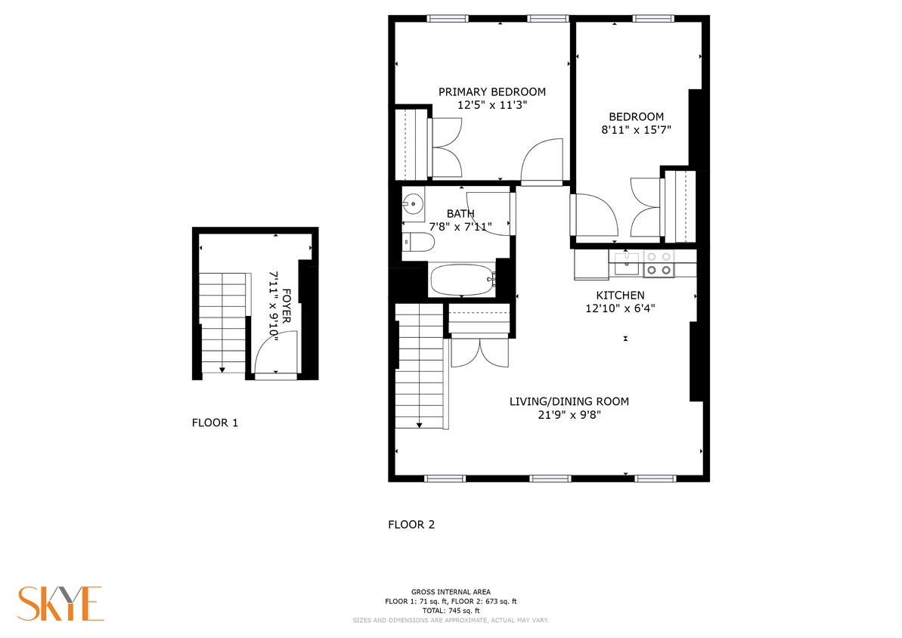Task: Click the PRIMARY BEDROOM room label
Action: [x=491, y=92]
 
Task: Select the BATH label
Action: [x=460, y=214]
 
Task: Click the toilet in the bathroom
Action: [x=418, y=243]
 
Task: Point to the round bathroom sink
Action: [x=413, y=203]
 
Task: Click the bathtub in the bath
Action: [x=462, y=280]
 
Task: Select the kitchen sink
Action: [x=627, y=264]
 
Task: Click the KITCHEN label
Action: [x=620, y=295]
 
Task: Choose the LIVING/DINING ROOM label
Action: [x=569, y=401]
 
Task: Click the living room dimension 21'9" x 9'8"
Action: [x=569, y=414]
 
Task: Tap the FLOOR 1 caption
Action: [x=215, y=423]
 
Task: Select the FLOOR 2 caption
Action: [x=411, y=525]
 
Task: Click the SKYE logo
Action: [x=60, y=603]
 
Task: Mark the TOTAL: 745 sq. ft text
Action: [x=451, y=611]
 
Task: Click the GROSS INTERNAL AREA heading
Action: [x=451, y=592]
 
